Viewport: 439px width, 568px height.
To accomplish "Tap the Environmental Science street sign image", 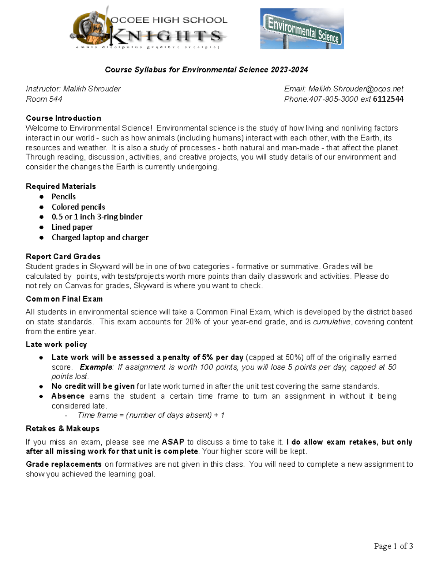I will (x=302, y=29).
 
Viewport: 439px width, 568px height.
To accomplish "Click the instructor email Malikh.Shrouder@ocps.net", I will (x=356, y=89).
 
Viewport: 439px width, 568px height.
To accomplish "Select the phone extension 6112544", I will (x=388, y=99).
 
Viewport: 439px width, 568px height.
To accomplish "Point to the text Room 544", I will (x=44, y=99).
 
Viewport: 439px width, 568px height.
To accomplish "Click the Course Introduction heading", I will (x=63, y=118).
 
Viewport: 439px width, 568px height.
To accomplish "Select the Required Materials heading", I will (x=61, y=186).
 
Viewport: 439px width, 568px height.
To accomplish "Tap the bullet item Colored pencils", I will (x=78, y=207).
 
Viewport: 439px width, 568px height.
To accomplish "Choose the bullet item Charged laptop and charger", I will (x=100, y=237).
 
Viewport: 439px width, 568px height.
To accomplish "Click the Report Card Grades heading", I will (x=63, y=256).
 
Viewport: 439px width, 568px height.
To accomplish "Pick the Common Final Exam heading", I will (x=64, y=299).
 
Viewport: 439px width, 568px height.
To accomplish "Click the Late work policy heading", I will (x=56, y=344).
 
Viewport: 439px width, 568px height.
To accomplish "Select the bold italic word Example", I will (x=96, y=367).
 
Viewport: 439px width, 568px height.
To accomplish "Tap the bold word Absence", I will (x=68, y=396).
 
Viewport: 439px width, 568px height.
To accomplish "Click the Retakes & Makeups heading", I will (x=63, y=428).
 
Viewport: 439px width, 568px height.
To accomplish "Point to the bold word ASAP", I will (x=173, y=442).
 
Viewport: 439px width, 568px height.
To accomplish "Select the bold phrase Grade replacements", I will (x=64, y=464).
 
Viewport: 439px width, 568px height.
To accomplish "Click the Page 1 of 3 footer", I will (x=393, y=546).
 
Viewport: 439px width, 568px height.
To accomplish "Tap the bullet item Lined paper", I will (x=72, y=227).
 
